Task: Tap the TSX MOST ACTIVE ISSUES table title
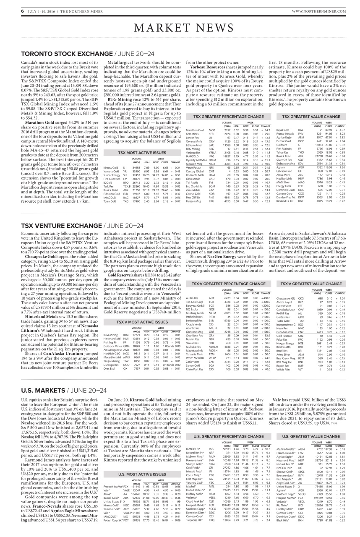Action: (x=136, y=152)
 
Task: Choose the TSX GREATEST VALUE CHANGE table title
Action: (x=311, y=116)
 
